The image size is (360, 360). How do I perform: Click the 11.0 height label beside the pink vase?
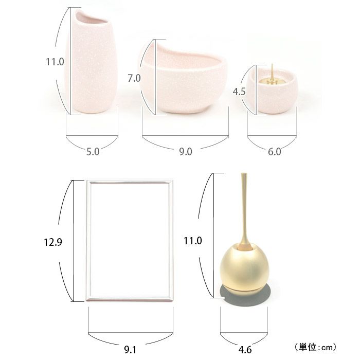coord(55,62)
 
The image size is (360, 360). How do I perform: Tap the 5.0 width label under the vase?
coord(93,152)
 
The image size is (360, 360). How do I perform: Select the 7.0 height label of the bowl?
coord(134,78)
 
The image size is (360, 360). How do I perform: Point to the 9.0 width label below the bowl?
coord(186,152)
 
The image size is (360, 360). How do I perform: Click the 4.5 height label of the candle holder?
coord(239,92)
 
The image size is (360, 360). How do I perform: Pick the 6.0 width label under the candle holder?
coord(274,152)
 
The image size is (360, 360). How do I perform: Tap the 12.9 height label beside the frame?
coord(53,242)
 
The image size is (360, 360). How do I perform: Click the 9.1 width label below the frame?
coord(130,350)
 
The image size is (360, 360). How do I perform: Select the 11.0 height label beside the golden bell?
coord(193,241)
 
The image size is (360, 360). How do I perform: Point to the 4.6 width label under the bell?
coord(245,350)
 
